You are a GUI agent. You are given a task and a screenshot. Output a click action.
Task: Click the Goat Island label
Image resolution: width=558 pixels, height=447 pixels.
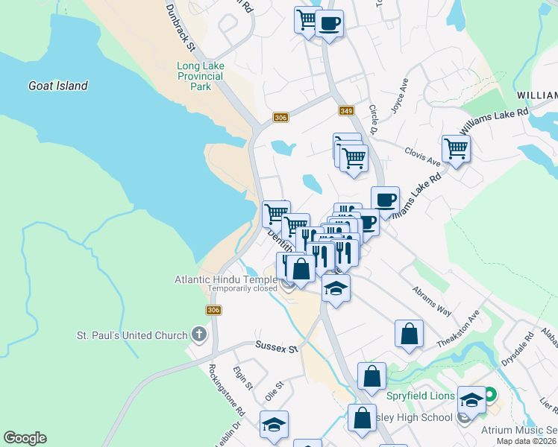coord(58,86)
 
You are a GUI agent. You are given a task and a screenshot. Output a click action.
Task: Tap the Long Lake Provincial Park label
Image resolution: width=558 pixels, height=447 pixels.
coord(200,76)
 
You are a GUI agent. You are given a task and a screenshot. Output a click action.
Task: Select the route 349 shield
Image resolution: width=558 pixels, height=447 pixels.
coord(345,111)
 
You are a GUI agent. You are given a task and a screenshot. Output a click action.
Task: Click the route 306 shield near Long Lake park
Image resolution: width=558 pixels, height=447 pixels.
coord(280,118)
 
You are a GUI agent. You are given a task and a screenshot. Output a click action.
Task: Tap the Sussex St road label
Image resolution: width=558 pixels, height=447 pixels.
coord(277,347)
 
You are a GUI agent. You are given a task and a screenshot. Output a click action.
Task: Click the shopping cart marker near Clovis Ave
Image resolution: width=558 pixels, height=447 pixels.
coord(456,148)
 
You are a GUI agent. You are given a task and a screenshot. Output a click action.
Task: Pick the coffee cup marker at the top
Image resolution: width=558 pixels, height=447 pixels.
coord(329,24)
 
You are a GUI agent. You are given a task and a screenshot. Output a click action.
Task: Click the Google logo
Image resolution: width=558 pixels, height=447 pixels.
coord(25,438)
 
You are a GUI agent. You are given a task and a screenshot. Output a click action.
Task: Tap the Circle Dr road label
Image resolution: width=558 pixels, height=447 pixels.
coord(374,119)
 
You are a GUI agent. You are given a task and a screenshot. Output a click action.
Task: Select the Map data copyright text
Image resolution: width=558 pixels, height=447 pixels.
coord(527,441)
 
